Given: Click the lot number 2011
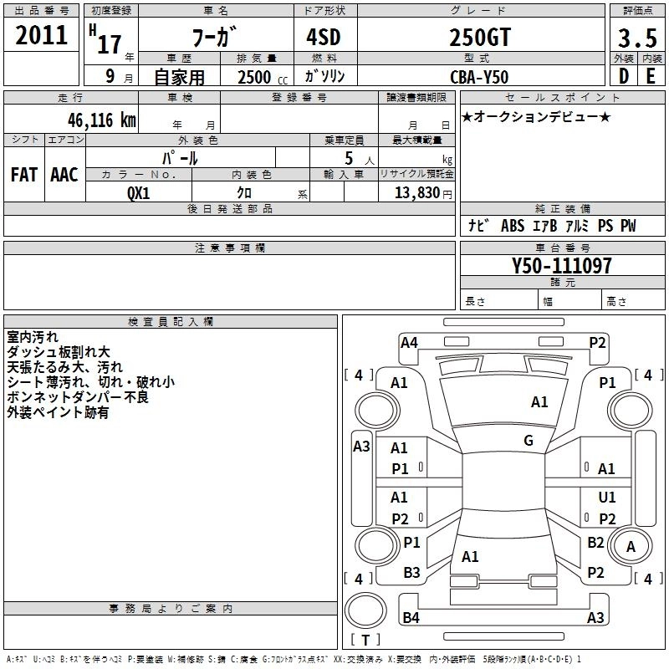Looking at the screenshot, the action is (42, 36).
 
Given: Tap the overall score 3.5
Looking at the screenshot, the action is (636, 38).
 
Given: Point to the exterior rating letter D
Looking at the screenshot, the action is (623, 75).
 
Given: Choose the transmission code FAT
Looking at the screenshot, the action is (24, 175).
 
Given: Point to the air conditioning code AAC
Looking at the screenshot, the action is (64, 175).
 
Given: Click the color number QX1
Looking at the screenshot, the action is (139, 192).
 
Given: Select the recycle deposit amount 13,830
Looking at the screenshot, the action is (416, 192).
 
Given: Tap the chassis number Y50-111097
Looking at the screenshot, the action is (561, 267).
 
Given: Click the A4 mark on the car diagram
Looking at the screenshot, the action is (409, 341).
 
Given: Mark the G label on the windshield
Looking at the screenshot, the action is (528, 441).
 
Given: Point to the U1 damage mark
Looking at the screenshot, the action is (607, 498).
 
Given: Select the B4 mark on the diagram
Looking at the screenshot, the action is (411, 618).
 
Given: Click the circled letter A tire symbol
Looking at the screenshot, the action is (631, 547).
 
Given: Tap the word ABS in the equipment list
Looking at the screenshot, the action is (512, 226).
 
